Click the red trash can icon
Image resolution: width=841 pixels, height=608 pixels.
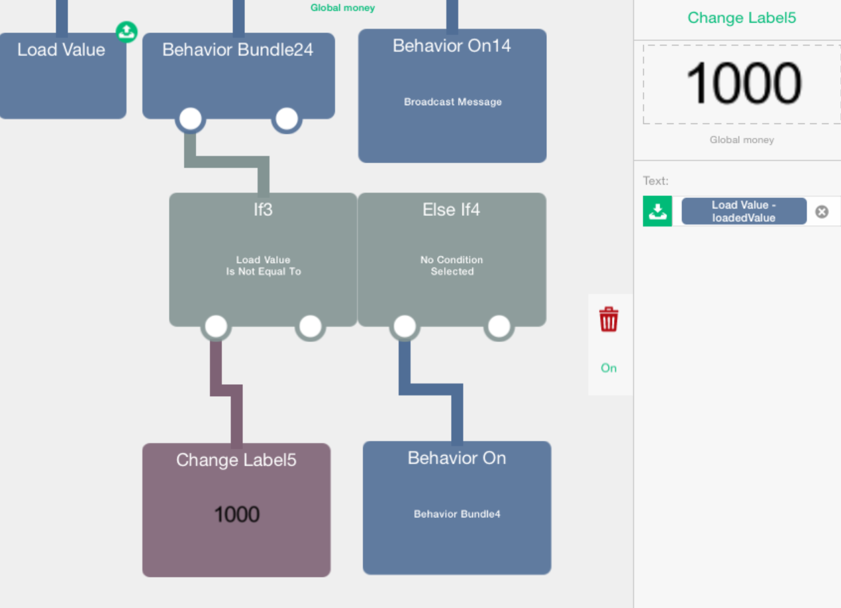[x=609, y=319]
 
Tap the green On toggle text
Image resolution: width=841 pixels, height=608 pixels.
[x=609, y=368]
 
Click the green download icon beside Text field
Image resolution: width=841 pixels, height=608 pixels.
[x=658, y=211]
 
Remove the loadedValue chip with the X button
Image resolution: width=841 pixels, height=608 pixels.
[x=822, y=212]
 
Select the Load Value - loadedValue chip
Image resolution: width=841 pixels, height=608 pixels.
[x=744, y=211]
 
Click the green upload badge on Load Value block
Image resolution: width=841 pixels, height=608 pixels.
[x=126, y=32]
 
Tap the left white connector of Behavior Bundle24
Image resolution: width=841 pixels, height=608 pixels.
[x=190, y=119]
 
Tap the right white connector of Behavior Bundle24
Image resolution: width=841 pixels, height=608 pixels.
[x=287, y=119]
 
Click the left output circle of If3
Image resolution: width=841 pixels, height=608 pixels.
[x=216, y=326]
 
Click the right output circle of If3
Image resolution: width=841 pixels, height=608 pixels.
[x=310, y=326]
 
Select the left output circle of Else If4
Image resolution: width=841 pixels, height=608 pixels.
[x=405, y=326]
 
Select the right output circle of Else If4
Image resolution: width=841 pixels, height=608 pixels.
[x=499, y=326]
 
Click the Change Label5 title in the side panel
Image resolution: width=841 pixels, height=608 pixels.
[x=742, y=18]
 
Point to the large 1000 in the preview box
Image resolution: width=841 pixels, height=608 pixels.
[x=744, y=83]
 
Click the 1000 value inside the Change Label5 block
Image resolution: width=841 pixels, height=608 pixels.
[x=237, y=514]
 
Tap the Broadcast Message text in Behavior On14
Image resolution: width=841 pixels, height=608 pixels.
[x=453, y=102]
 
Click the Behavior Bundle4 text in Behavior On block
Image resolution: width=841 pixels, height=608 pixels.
[x=457, y=514]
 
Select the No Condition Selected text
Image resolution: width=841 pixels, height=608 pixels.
[x=452, y=266]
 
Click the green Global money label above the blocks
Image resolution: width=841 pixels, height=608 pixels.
[x=342, y=8]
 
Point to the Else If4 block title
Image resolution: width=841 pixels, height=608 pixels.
[x=451, y=209]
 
